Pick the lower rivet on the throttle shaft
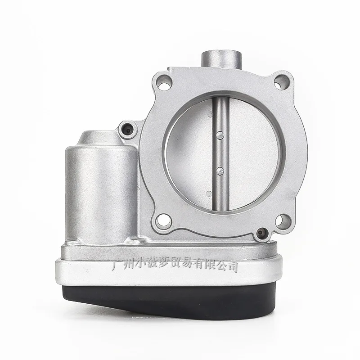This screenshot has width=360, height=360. coord(220,170)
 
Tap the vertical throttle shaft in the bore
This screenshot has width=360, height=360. coord(220,153)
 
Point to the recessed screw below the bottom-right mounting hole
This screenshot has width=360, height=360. coord(262,234)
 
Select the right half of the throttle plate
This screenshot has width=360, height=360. coord(252,153)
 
